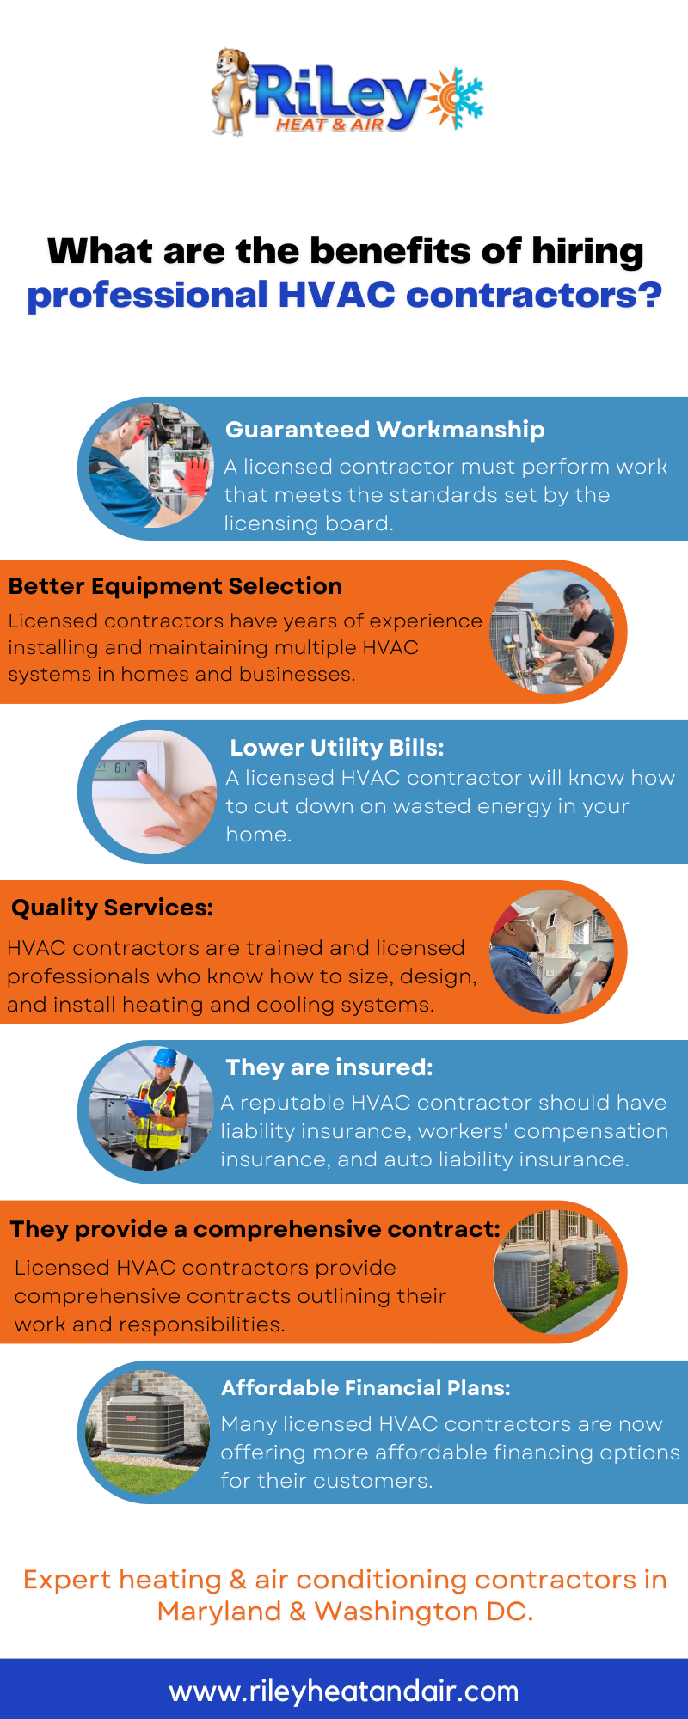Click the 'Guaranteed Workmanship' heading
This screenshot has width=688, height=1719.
point(385,430)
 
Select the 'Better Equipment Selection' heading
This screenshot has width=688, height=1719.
point(175,586)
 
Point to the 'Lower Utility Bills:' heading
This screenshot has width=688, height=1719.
point(337,748)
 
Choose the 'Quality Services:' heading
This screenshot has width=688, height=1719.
point(112,908)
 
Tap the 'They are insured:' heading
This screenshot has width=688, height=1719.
point(329,1067)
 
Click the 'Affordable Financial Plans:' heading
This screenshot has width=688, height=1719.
point(366,1388)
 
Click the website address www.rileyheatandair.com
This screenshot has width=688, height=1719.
point(344,1691)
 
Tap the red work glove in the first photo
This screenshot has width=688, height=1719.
point(196,475)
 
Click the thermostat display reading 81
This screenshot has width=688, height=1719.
point(121,768)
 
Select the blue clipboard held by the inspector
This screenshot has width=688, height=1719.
point(140,1109)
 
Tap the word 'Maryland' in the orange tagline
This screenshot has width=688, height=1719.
point(219,1612)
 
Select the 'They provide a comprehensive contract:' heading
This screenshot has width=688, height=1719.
point(255,1229)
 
